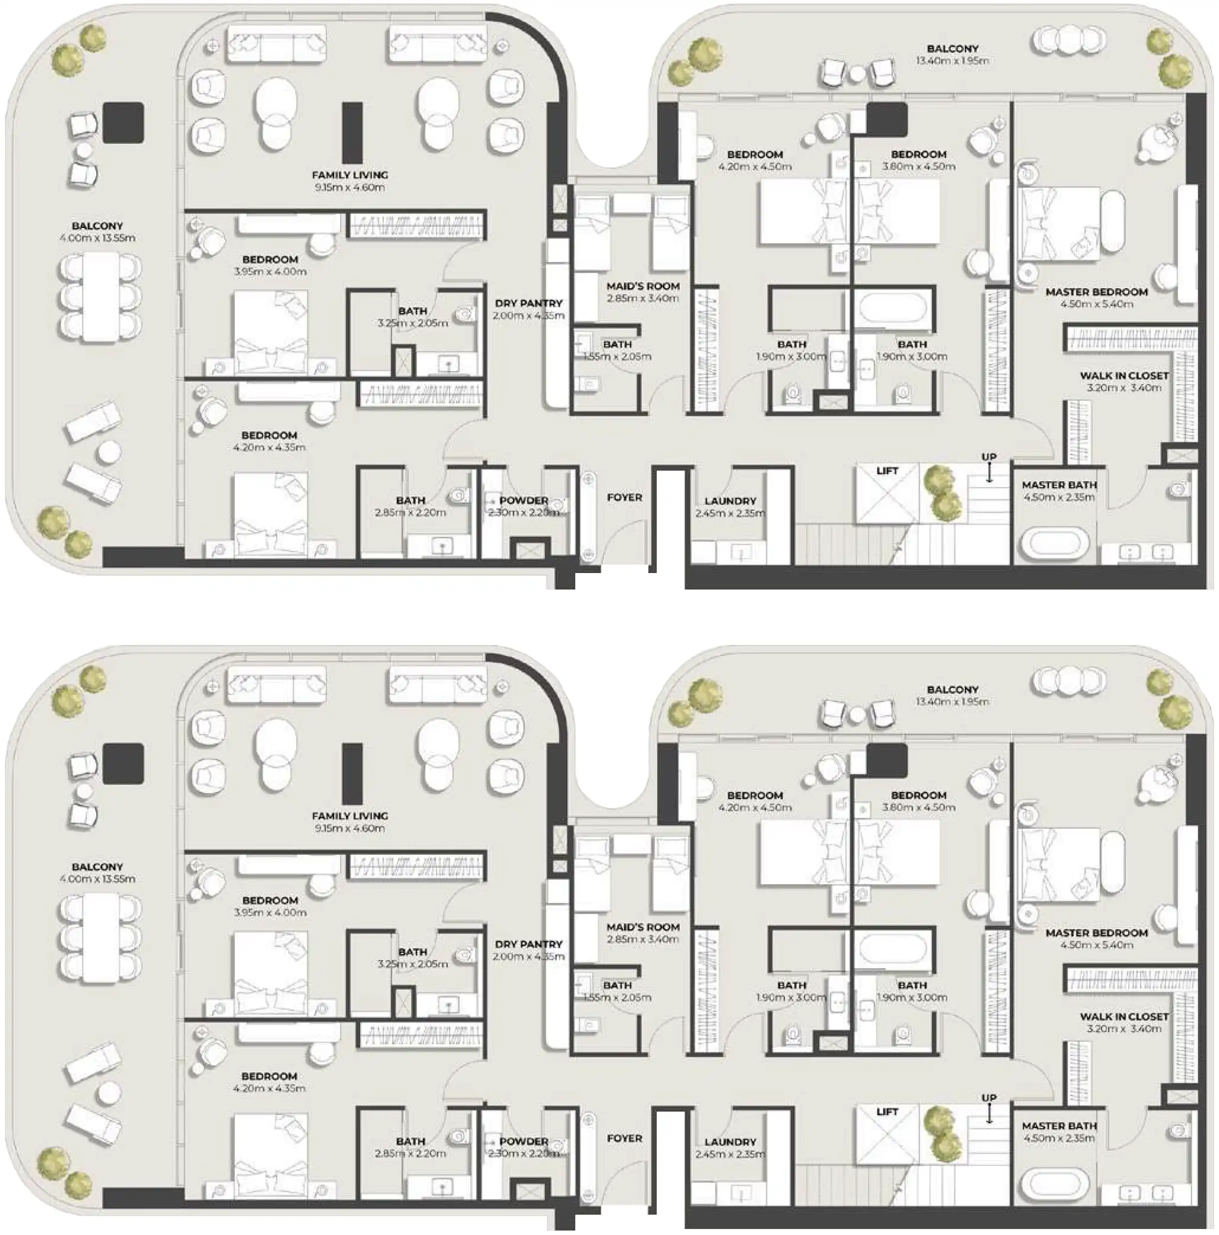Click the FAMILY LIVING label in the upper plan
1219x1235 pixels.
(350, 174)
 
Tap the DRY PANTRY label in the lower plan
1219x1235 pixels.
(528, 944)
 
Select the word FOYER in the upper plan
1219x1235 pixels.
(624, 497)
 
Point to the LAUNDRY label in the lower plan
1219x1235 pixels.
(730, 1142)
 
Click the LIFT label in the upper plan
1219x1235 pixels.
(887, 471)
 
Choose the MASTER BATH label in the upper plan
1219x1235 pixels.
(1059, 485)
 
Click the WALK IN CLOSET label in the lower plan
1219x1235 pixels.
(1124, 1016)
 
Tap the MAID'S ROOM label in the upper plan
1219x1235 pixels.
(643, 286)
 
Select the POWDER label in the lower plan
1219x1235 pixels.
(524, 1141)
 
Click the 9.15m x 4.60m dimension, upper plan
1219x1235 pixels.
(350, 187)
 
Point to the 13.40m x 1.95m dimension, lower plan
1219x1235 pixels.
(952, 701)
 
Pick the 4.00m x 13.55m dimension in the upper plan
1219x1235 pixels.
(97, 238)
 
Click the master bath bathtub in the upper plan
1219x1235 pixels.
(1055, 544)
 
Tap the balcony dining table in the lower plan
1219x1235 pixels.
(99, 938)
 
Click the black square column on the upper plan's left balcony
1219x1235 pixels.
(123, 123)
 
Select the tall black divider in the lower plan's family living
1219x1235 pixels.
(352, 773)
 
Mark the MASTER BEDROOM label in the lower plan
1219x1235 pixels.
(1096, 933)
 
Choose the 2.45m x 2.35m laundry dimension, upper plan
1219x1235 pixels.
(730, 513)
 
